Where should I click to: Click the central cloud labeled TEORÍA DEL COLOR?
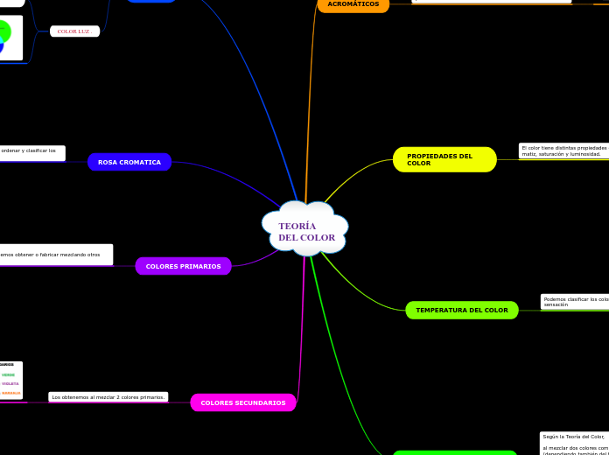point(305,229)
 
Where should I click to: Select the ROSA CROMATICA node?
point(129,162)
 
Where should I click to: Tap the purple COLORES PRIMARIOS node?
point(183,266)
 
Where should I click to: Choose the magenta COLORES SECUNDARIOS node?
point(243,402)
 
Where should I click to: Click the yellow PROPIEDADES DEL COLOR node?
point(444,159)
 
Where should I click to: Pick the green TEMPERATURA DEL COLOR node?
point(461,310)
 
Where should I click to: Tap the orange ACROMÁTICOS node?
point(353,4)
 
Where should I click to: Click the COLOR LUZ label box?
point(73,31)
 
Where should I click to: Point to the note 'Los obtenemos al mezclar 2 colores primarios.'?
point(108,397)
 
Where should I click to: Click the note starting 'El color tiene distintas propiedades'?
point(563,150)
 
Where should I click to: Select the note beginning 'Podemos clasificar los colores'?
point(575,302)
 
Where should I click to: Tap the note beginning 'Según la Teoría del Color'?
point(574,443)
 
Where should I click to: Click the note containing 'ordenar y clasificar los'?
point(30,152)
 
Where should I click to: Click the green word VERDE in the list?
point(8,374)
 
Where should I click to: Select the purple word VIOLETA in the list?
point(10,383)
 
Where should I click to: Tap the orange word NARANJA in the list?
point(10,393)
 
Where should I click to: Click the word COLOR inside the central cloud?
point(318,237)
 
